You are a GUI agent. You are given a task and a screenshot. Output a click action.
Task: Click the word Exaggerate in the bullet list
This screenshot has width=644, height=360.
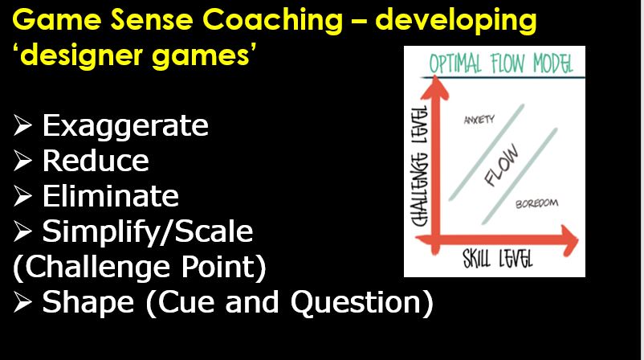(x=125, y=126)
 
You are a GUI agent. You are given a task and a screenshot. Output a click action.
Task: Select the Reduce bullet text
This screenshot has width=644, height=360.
(x=96, y=162)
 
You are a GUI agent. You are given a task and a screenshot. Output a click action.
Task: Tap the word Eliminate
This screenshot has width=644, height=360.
(x=110, y=197)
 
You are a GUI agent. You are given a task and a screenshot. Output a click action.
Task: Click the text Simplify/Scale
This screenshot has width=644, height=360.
(x=148, y=233)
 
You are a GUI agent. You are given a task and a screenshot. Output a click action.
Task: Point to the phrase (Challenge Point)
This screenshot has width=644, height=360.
(x=140, y=268)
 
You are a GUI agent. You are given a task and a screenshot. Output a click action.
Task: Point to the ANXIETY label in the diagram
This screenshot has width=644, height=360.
(x=479, y=121)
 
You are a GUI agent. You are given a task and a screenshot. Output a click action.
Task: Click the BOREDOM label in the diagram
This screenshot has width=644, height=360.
(x=537, y=202)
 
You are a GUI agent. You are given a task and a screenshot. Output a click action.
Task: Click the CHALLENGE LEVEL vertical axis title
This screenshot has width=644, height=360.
(x=418, y=170)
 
